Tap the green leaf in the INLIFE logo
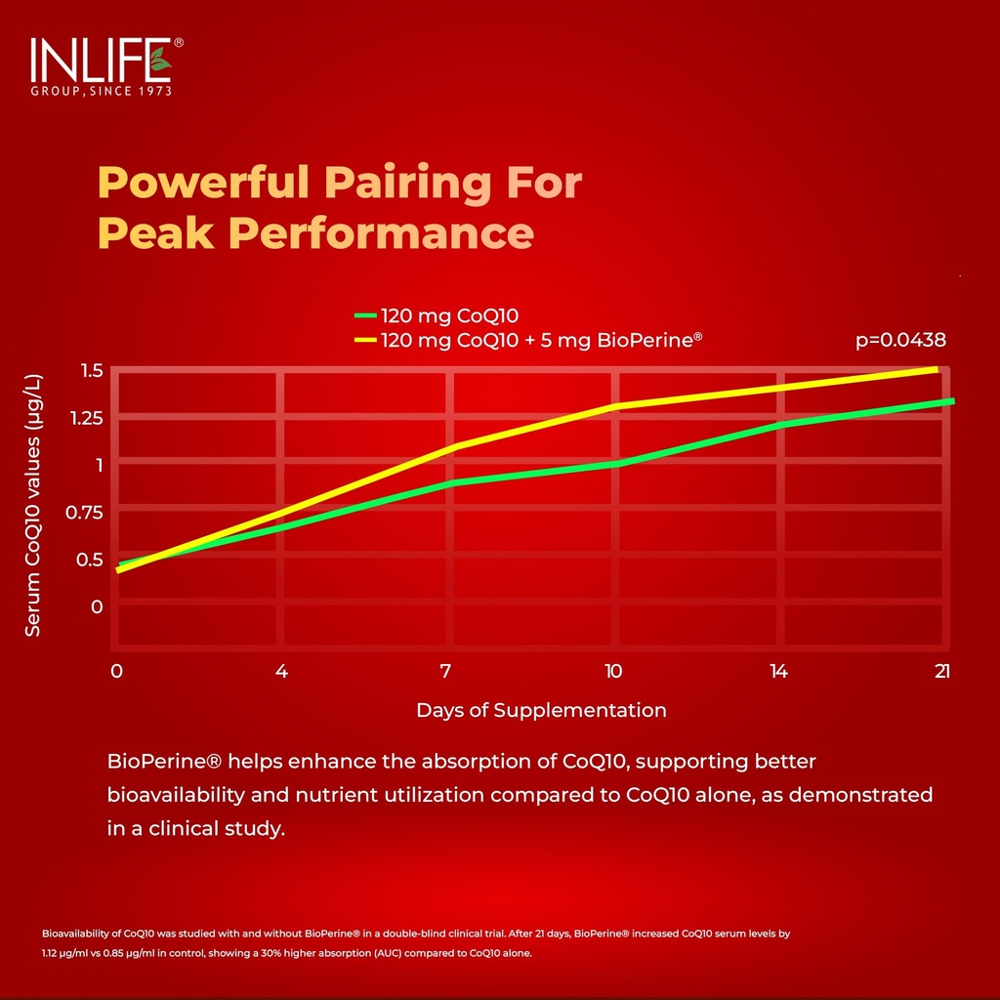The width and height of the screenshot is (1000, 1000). pyautogui.click(x=160, y=61)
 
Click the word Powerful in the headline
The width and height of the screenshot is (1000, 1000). pyautogui.click(x=204, y=183)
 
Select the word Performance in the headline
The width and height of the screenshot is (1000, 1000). pyautogui.click(x=382, y=232)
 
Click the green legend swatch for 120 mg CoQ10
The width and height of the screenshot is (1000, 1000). pyautogui.click(x=365, y=315)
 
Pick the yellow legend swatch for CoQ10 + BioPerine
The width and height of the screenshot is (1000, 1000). pyautogui.click(x=365, y=340)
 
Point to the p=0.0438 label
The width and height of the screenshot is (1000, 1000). pyautogui.click(x=900, y=340)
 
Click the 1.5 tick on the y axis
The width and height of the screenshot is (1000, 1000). pyautogui.click(x=93, y=370)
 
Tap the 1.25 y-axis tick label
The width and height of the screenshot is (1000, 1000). pyautogui.click(x=86, y=418)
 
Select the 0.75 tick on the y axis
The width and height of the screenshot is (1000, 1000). pyautogui.click(x=84, y=512)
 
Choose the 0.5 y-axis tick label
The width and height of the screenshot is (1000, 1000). pyautogui.click(x=90, y=560)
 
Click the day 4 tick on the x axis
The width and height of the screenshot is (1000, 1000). pyautogui.click(x=281, y=671)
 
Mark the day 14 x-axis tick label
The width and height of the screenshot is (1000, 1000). pyautogui.click(x=778, y=671)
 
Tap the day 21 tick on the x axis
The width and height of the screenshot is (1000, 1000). pyautogui.click(x=942, y=671)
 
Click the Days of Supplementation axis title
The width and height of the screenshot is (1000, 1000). pyautogui.click(x=541, y=711)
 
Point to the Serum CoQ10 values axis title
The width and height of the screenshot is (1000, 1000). pyautogui.click(x=32, y=505)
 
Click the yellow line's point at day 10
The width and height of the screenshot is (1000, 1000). pyautogui.click(x=615, y=406)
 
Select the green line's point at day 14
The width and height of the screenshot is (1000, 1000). pyautogui.click(x=780, y=425)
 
